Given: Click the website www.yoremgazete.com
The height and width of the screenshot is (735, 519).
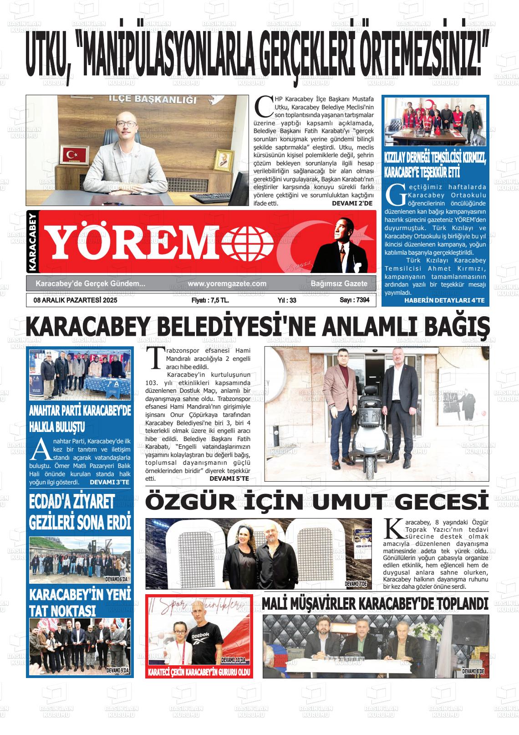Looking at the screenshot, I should tap(227, 283).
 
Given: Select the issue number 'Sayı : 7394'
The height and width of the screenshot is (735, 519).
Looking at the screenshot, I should tap(354, 300).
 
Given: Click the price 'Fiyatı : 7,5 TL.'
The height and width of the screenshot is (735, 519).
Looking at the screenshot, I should tap(210, 300).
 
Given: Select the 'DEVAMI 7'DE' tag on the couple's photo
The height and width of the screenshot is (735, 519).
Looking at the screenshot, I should tap(356, 584).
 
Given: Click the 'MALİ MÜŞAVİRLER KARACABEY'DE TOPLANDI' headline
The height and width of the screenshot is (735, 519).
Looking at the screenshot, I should tap(375, 604).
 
